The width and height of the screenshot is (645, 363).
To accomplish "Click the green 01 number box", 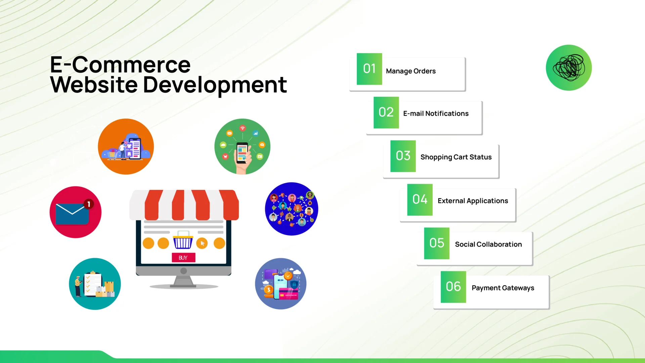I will pyautogui.click(x=369, y=69).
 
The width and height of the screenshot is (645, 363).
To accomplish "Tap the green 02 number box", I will pyautogui.click(x=386, y=113).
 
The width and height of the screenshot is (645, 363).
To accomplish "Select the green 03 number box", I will pyautogui.click(x=403, y=156).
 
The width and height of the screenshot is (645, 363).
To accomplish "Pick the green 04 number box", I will pyautogui.click(x=420, y=200).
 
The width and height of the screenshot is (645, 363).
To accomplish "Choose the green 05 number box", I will pyautogui.click(x=436, y=243).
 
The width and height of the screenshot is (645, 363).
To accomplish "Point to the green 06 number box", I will pyautogui.click(x=453, y=287).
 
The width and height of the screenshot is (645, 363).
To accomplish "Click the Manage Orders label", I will pyautogui.click(x=411, y=71).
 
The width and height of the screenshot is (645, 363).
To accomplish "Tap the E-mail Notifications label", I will pyautogui.click(x=436, y=114).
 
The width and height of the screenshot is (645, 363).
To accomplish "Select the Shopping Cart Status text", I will pyautogui.click(x=456, y=157).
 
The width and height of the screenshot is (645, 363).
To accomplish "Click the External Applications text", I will pyautogui.click(x=473, y=201).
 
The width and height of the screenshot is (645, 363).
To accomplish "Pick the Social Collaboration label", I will pyautogui.click(x=488, y=244).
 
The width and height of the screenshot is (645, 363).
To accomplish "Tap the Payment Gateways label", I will pyautogui.click(x=503, y=288).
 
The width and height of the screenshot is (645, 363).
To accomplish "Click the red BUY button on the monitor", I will pyautogui.click(x=183, y=258).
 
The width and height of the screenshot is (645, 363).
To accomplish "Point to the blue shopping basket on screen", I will pyautogui.click(x=183, y=241).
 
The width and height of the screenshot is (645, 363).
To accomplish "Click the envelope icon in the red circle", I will pyautogui.click(x=72, y=214).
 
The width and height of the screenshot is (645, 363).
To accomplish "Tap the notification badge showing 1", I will pyautogui.click(x=89, y=204).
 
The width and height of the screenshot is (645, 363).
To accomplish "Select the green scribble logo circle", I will pyautogui.click(x=569, y=68).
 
